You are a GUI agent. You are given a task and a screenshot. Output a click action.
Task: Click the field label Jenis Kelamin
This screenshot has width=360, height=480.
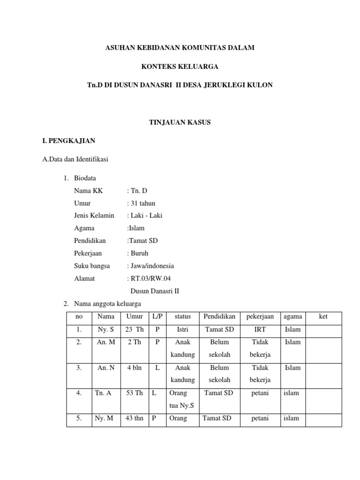[x=94, y=216]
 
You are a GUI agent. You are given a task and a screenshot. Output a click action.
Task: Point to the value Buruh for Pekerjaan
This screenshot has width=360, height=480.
[x=139, y=253]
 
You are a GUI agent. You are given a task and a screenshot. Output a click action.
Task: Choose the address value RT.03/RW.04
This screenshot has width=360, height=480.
[x=147, y=278]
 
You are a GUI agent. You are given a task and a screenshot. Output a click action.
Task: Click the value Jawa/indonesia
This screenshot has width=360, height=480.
[x=151, y=266]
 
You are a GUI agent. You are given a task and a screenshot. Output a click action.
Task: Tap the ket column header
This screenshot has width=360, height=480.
[x=323, y=317]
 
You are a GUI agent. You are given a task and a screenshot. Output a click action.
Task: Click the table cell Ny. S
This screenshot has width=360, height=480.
[x=106, y=330]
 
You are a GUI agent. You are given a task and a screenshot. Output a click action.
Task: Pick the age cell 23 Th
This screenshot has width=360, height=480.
[x=134, y=330]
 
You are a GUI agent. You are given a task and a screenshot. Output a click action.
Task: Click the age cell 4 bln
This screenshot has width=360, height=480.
[x=134, y=368]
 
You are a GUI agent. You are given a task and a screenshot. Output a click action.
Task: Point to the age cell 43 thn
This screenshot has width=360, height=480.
[x=134, y=419]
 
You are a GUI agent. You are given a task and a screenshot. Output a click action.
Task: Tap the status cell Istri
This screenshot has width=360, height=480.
[x=183, y=330]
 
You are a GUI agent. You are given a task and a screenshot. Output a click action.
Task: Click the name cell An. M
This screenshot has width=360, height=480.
[x=106, y=342]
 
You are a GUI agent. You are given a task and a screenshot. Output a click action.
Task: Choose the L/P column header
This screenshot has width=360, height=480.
[x=157, y=317]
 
